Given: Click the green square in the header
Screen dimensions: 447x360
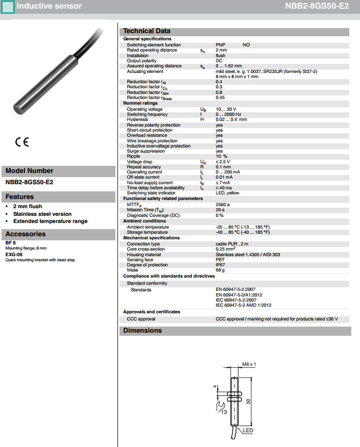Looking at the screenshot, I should tap(8, 7).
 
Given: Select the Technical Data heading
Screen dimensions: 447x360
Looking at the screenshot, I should tap(147, 31).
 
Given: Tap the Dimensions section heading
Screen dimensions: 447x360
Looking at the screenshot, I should tap(142, 331).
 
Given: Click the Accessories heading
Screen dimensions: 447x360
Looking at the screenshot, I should tap(26, 234).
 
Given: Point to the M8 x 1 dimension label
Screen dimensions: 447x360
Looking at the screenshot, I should tap(248, 364).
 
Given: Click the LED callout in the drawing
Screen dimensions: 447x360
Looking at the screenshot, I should tap(248, 431).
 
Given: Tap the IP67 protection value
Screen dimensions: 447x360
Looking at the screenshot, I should tap(221, 265).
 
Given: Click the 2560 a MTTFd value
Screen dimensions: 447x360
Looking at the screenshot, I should tap(223, 204).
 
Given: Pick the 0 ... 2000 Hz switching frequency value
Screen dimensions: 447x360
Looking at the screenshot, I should tap(229, 114).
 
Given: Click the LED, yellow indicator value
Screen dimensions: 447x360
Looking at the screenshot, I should tap(228, 193).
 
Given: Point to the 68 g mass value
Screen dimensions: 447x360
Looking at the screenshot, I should tap(220, 270).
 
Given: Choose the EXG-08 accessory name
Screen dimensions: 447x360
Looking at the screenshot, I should tap(14, 254).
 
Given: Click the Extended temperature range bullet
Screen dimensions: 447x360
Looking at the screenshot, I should tap(50, 221).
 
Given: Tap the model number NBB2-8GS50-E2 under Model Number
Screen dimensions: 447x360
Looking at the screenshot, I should tap(30, 182).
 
